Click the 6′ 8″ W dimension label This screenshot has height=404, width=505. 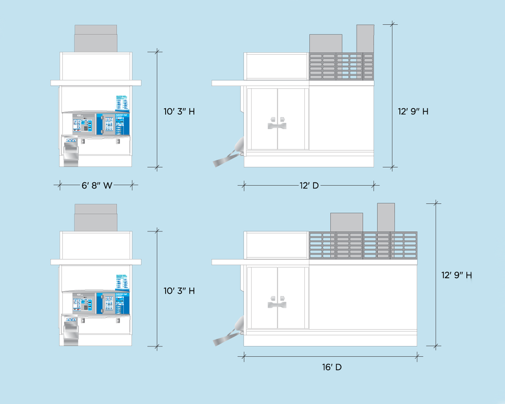[97, 185]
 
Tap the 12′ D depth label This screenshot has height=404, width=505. [309, 186]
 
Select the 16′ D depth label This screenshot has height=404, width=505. [332, 367]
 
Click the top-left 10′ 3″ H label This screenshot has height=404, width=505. [179, 112]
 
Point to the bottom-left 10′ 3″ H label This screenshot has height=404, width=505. [179, 291]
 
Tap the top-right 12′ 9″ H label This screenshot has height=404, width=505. [413, 112]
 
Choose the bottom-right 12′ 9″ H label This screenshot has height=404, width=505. [456, 275]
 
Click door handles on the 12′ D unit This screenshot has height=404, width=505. [277, 123]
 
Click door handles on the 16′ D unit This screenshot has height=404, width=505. [277, 302]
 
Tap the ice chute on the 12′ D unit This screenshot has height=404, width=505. [229, 155]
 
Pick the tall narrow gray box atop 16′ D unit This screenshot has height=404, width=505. [386, 217]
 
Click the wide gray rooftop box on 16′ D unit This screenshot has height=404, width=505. [346, 222]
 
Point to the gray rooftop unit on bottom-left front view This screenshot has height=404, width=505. [95, 218]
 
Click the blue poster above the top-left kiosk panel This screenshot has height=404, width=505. [121, 103]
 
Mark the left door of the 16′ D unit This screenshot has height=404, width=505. [264, 298]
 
